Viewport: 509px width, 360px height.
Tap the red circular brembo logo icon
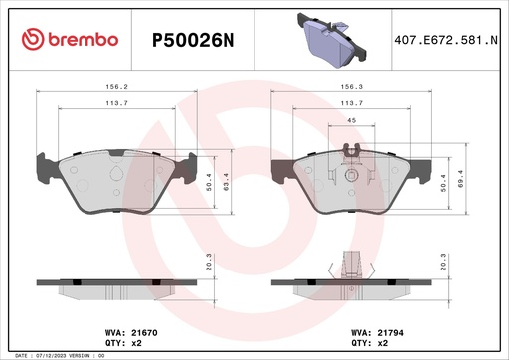(x=32, y=39)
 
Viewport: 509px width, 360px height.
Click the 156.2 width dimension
(x=118, y=87)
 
